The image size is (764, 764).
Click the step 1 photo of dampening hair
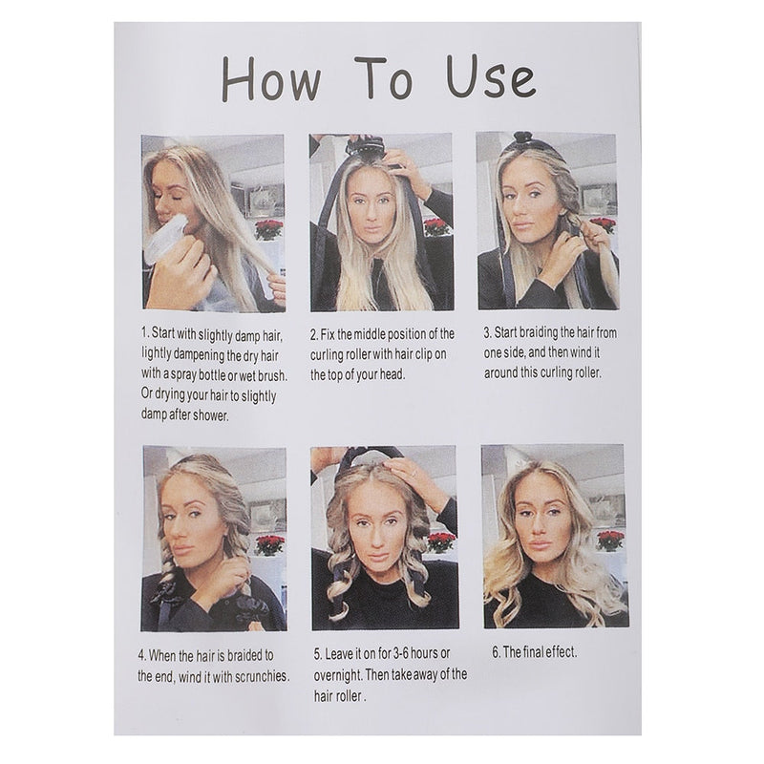(213, 223)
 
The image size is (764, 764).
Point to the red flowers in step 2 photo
(436, 227)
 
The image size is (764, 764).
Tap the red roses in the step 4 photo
(273, 544)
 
